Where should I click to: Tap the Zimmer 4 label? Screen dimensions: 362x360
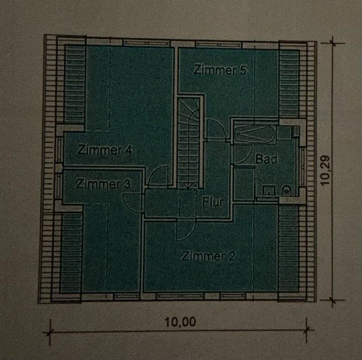point(104,150)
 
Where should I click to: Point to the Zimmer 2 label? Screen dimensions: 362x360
point(208,256)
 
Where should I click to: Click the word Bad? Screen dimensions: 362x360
point(266,159)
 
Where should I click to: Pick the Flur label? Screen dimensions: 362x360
point(213,202)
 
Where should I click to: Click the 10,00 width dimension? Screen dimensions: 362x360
point(180,322)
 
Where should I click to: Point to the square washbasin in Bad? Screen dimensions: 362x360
point(268,191)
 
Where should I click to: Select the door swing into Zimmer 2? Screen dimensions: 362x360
point(186,230)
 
